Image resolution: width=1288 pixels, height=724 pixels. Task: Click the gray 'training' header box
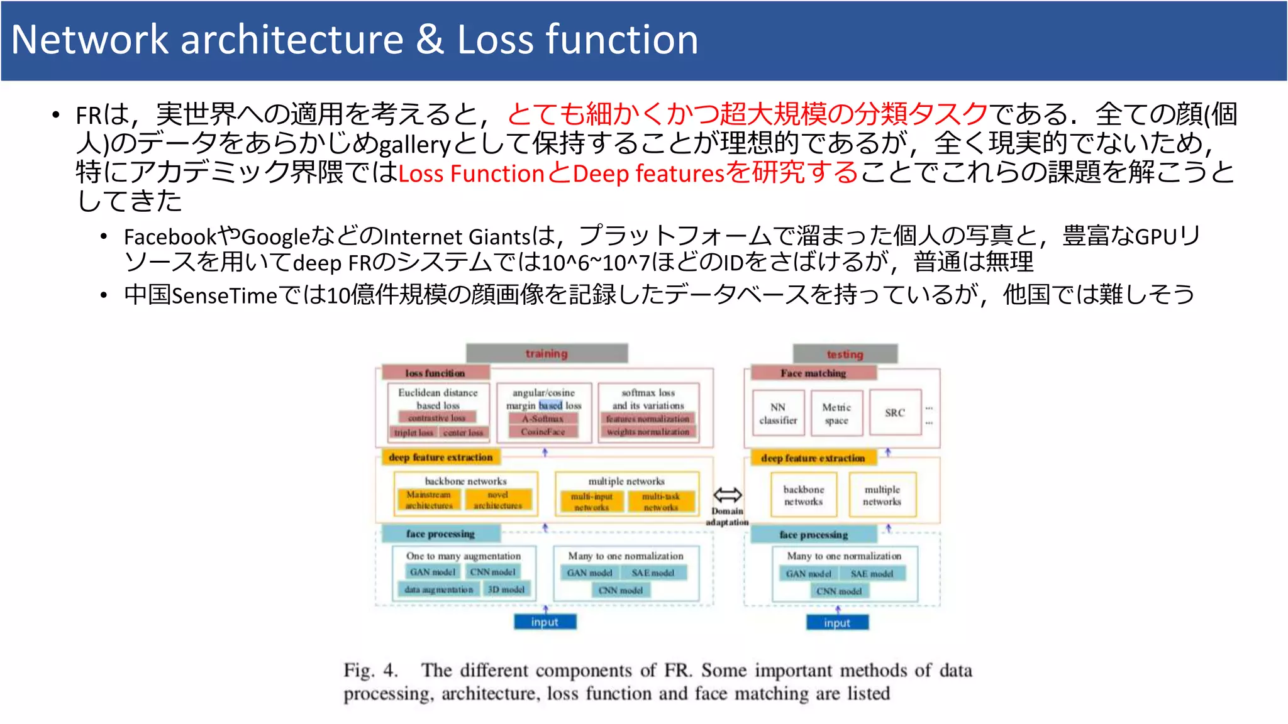[547, 353]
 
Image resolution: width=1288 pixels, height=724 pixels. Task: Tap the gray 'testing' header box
[845, 354]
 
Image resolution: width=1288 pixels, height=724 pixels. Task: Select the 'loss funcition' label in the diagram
[435, 373]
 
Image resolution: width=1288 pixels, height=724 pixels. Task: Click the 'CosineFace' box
[543, 432]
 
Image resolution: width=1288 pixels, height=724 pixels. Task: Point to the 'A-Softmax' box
[543, 419]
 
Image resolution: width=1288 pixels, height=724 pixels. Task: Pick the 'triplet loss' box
[413, 432]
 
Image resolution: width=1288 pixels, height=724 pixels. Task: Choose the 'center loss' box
[463, 432]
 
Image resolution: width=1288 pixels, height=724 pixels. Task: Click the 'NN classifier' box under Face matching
[778, 414]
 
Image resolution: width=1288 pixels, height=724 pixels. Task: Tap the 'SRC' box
[894, 413]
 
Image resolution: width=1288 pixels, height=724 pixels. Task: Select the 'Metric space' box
[836, 414]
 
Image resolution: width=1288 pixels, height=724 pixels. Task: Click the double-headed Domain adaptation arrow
[727, 495]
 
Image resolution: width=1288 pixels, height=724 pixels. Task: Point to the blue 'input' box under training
[545, 622]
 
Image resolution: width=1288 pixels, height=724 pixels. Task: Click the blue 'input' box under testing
[837, 623]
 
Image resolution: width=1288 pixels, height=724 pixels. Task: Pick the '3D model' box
[506, 590]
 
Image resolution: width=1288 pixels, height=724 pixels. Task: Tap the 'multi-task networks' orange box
[660, 502]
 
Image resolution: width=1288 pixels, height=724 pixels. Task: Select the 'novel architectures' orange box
[497, 500]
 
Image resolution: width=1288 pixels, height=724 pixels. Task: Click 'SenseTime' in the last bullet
[225, 295]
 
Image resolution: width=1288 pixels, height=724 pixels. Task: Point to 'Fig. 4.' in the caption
[370, 671]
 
